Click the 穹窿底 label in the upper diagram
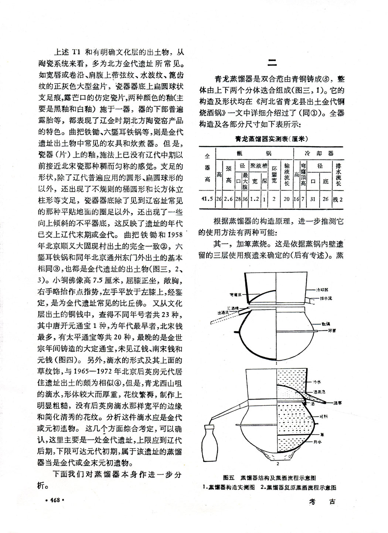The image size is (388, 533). click(236, 294)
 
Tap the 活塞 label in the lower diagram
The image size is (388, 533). click(337, 402)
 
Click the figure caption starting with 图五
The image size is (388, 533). click(271, 477)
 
